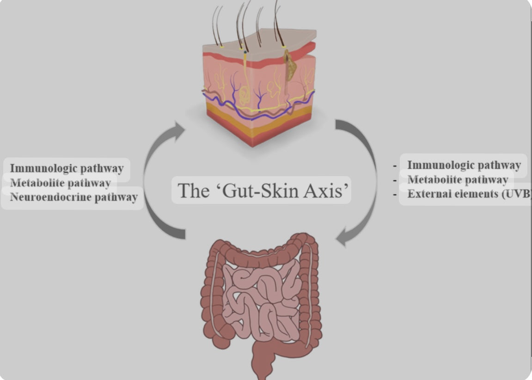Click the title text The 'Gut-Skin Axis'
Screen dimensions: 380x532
pyautogui.click(x=261, y=190)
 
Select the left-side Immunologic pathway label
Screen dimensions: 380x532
pyautogui.click(x=67, y=168)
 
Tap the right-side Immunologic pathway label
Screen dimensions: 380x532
pyautogui.click(x=464, y=165)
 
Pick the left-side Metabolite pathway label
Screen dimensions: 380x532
pyautogui.click(x=60, y=183)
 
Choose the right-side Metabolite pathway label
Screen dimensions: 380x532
pyautogui.click(x=457, y=179)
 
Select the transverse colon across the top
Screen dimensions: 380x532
pyautogui.click(x=259, y=250)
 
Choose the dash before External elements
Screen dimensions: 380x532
pyautogui.click(x=396, y=195)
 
